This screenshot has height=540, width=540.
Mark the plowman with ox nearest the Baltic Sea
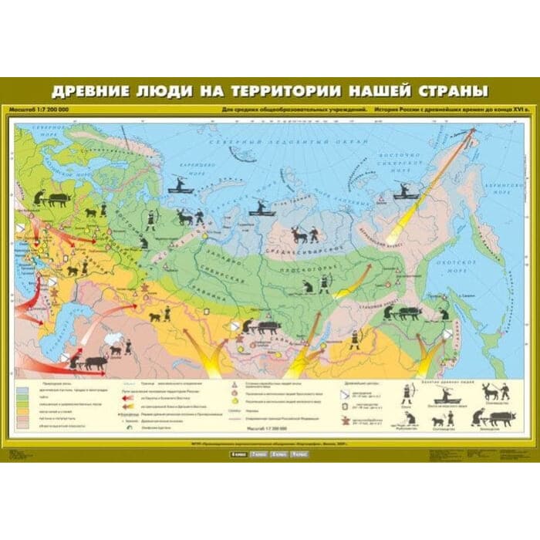(x=54, y=198)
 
